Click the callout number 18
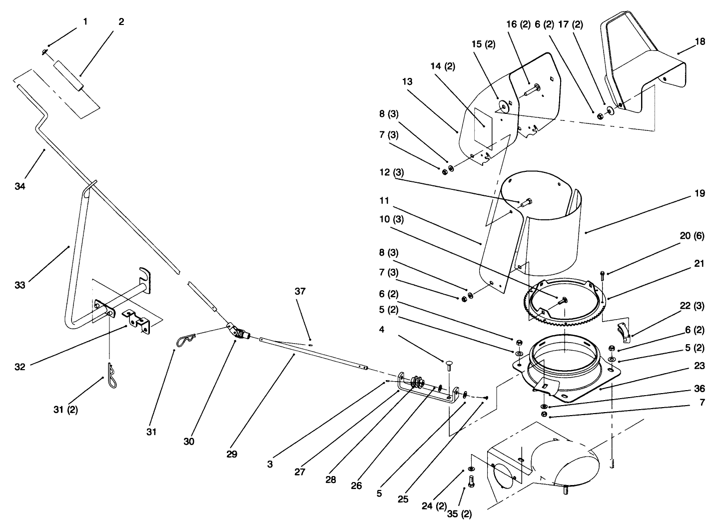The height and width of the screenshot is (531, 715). tap(700, 41)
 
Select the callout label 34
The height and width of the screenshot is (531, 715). tap(20, 186)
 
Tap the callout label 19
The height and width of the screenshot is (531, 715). tap(700, 193)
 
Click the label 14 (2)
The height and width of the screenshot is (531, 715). tap(442, 66)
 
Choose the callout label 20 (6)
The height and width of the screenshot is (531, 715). tap(692, 236)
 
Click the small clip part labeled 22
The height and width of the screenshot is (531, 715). tap(623, 330)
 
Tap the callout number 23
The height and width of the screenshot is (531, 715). tap(700, 366)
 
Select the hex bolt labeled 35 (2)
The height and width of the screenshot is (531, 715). tap(470, 482)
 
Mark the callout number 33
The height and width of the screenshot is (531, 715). tap(20, 285)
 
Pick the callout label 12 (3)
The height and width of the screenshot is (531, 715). tap(392, 172)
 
